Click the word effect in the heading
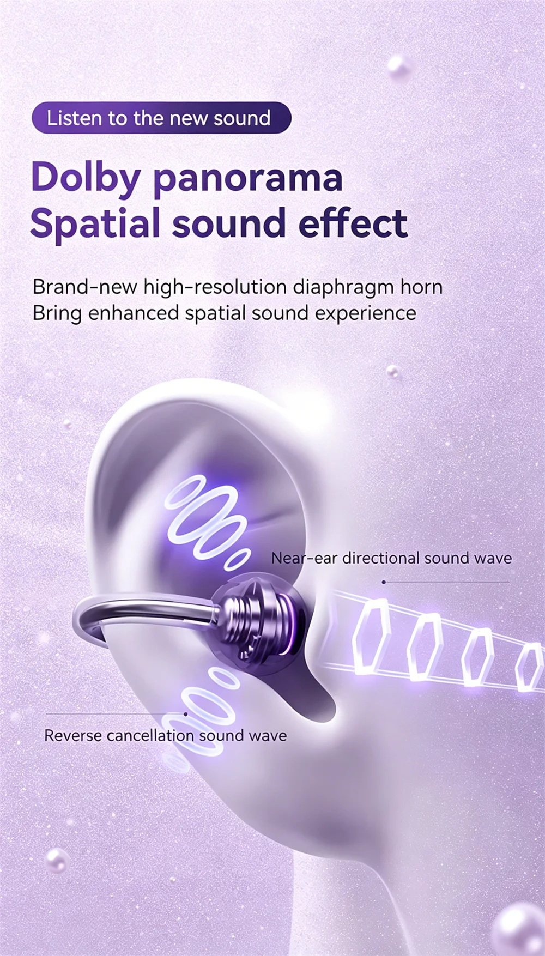point(353,222)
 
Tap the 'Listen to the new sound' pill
point(161,118)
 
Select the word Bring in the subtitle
point(57,314)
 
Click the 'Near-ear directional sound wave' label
point(391,558)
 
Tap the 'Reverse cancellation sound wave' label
point(165,736)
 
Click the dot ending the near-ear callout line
point(384,582)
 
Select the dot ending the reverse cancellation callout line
point(185,714)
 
